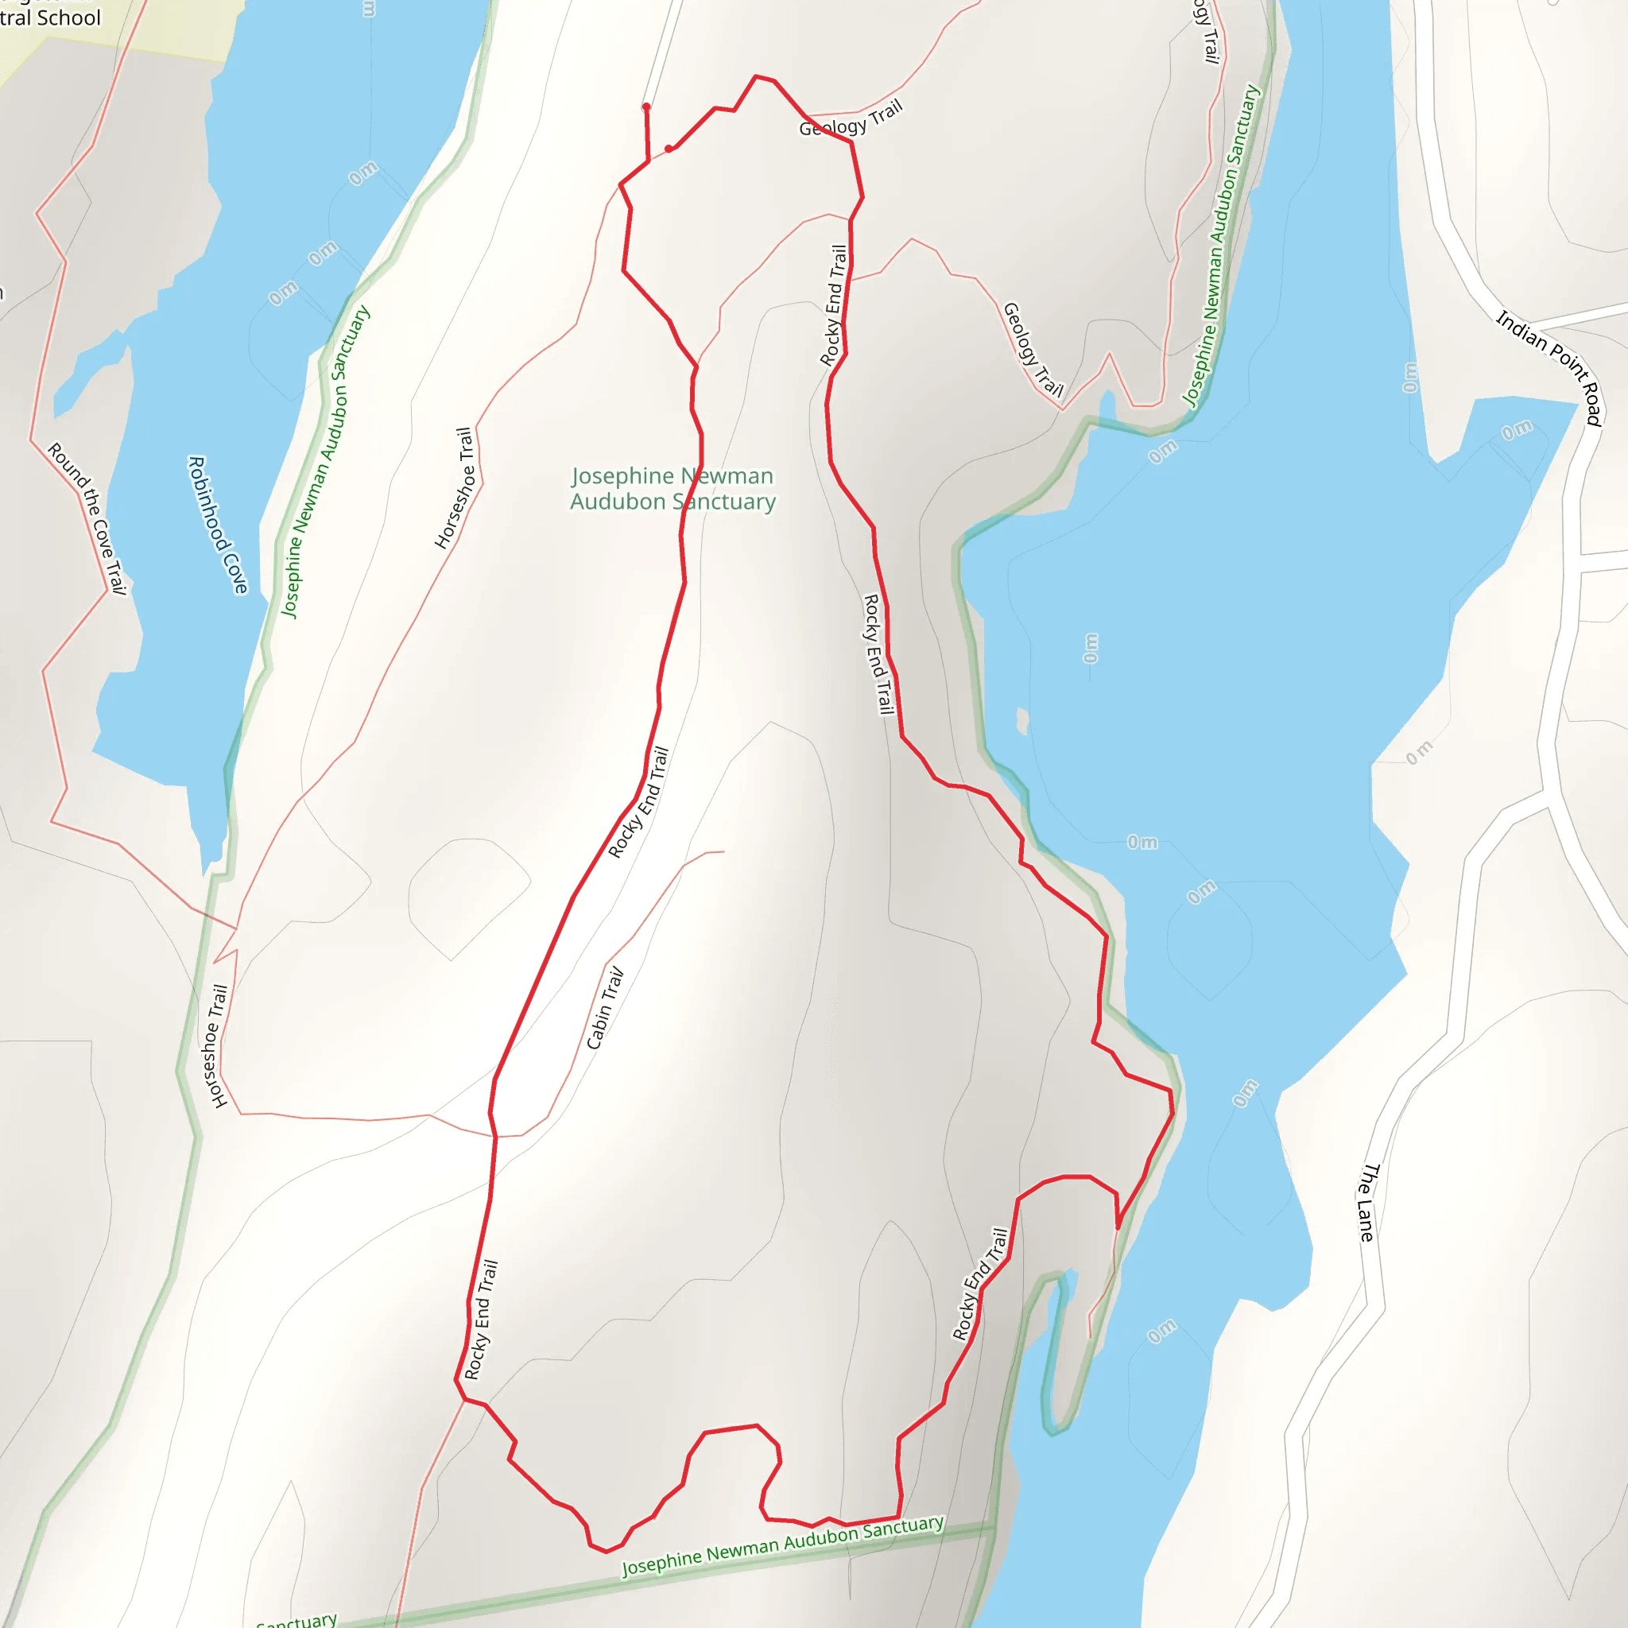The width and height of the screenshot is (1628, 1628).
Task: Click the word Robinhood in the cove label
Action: click(x=208, y=502)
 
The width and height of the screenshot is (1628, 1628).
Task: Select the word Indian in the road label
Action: click(x=1521, y=331)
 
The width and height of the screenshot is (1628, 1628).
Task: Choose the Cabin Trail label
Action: click(x=606, y=1008)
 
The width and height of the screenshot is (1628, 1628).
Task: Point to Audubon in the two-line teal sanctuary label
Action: click(x=617, y=502)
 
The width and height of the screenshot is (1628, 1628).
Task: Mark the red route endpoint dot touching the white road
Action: click(x=646, y=107)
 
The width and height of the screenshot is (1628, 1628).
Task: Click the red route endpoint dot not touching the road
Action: click(x=669, y=149)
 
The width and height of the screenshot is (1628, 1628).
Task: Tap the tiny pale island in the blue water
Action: click(x=1022, y=720)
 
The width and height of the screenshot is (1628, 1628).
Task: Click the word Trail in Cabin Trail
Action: click(x=614, y=984)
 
